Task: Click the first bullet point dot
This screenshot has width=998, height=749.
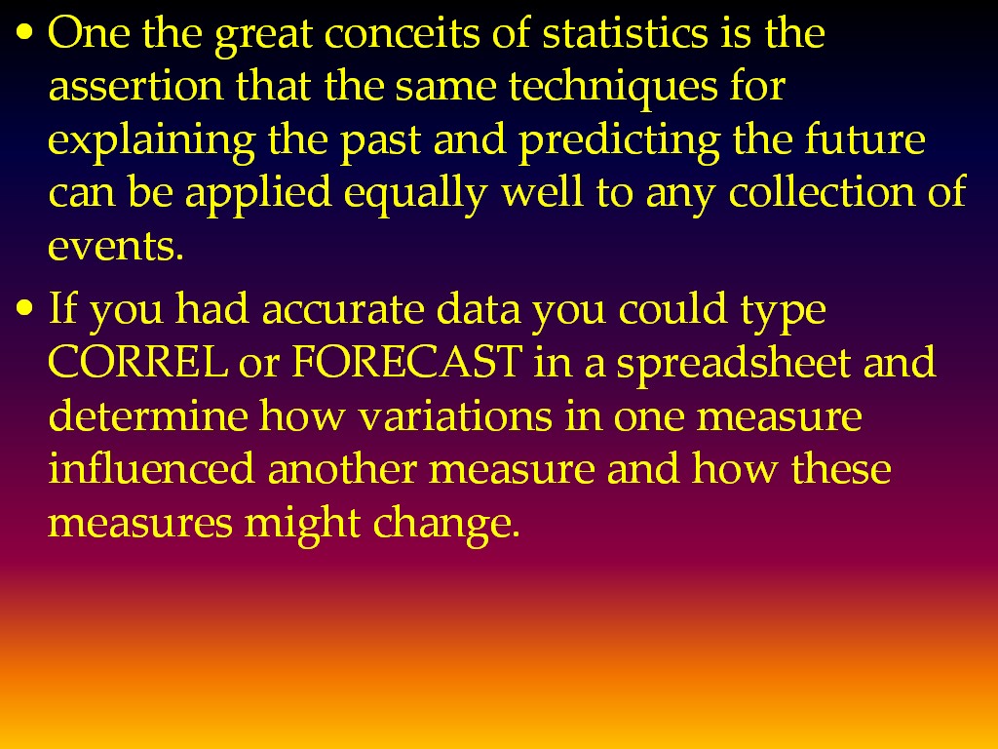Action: [24, 32]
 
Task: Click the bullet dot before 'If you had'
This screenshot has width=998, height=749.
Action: [24, 308]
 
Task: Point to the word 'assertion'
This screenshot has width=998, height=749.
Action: [135, 86]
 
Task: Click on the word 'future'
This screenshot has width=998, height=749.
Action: [864, 138]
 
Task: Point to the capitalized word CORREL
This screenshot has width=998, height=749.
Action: [137, 362]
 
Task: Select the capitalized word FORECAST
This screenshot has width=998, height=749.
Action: [406, 362]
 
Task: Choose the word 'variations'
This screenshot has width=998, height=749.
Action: [454, 415]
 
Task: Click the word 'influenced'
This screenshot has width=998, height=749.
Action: [151, 469]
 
